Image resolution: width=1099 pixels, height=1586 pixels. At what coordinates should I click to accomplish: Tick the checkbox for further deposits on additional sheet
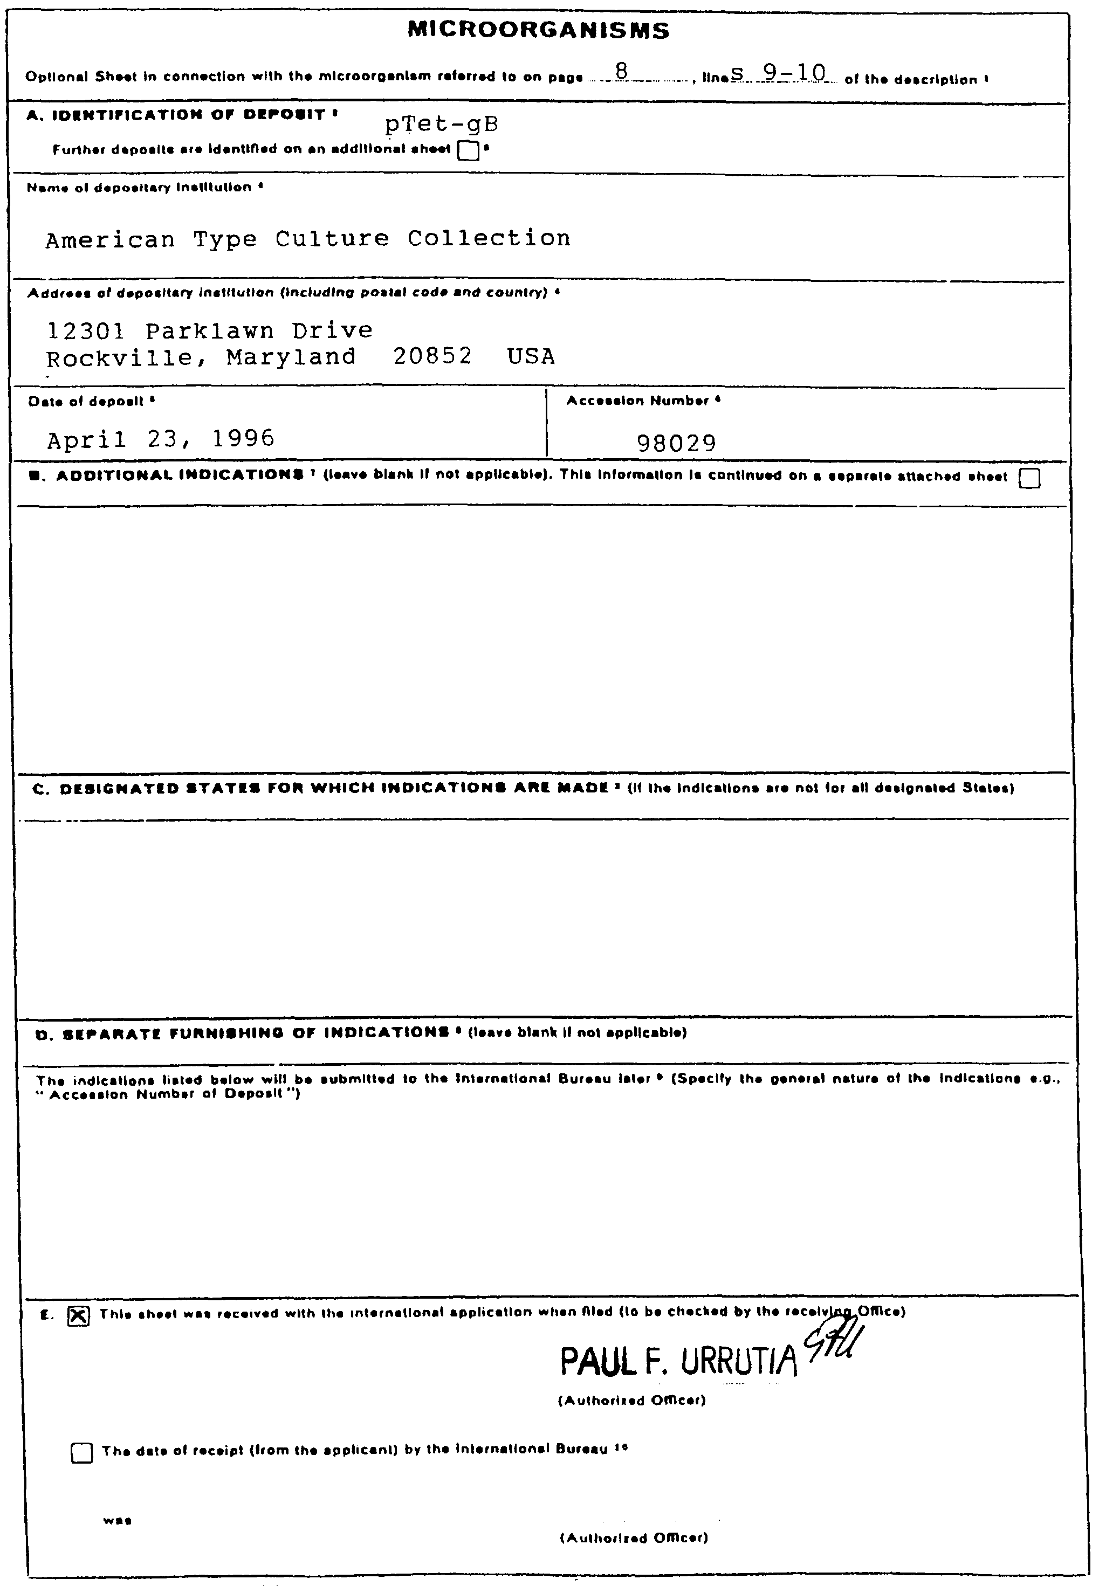468,150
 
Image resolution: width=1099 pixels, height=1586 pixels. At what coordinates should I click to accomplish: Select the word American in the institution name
110,239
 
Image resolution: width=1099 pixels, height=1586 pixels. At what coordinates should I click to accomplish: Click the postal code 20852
432,356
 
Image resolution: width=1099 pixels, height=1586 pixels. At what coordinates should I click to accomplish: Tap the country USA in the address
531,356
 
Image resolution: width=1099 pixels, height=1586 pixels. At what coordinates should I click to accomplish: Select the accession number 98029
676,443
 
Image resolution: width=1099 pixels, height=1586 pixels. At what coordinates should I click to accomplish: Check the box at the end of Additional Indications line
1029,478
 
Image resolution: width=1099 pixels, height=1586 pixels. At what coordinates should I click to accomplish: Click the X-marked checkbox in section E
79,1315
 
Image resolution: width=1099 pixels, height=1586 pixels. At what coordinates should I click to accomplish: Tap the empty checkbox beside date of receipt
82,1453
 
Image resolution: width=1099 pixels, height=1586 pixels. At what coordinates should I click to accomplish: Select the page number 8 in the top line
622,71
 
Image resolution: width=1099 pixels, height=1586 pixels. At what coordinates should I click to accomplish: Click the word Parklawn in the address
209,331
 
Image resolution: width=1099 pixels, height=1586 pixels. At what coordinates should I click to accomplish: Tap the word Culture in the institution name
332,239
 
